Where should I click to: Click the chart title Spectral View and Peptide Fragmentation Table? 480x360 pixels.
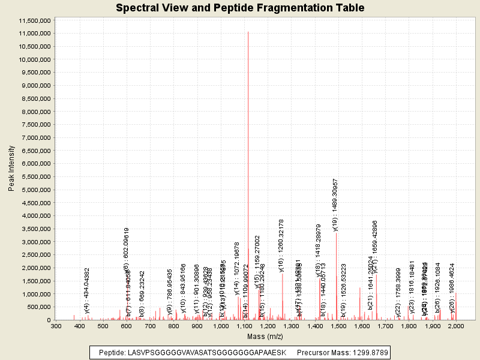240,8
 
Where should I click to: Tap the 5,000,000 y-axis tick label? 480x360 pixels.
35,190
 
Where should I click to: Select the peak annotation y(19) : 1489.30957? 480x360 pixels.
335,205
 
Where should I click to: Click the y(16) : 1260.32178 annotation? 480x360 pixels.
281,245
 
